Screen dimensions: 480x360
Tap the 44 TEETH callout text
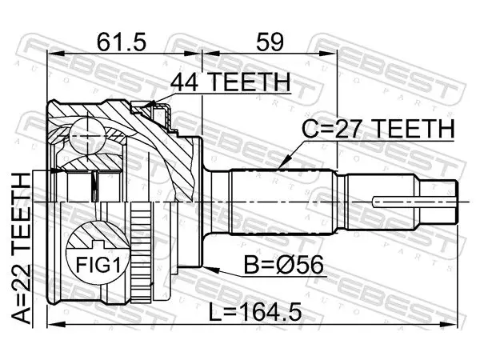click(x=230, y=82)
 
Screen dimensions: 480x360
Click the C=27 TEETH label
click(x=378, y=129)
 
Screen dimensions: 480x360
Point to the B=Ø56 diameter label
click(x=283, y=265)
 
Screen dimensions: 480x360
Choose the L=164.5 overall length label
click(x=255, y=312)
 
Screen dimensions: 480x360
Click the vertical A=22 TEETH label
click(x=22, y=248)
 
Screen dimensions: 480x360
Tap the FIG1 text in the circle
click(x=98, y=265)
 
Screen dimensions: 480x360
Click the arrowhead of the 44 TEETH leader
click(x=147, y=105)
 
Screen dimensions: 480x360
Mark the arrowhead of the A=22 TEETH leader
click(x=58, y=170)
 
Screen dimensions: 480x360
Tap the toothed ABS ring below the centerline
click(x=141, y=252)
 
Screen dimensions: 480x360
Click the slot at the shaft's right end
click(x=414, y=202)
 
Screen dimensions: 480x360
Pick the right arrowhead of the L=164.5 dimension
click(x=449, y=325)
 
